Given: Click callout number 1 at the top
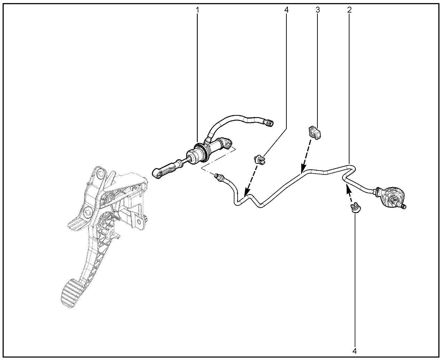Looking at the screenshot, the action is (197, 10).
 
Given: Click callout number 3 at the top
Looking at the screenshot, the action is (318, 10).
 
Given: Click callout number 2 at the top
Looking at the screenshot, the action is (349, 10).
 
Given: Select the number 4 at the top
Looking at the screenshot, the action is (286, 10).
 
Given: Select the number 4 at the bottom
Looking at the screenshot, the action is (354, 351).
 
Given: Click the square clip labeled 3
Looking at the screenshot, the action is (315, 132).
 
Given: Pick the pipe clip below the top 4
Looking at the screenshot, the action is (260, 159).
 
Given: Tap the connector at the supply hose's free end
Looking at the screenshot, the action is (269, 123).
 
